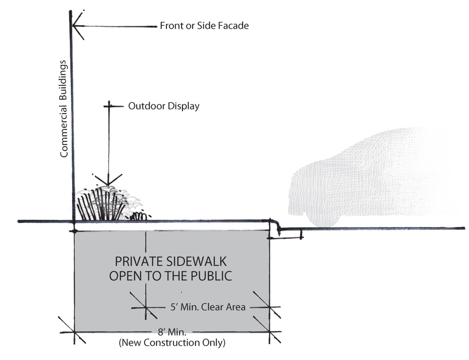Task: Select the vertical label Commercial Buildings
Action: (x=64, y=109)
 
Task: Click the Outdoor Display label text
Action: (x=164, y=106)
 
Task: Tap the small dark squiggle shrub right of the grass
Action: (x=139, y=215)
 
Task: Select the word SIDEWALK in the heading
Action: (x=196, y=262)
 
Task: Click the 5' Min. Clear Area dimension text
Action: (x=206, y=306)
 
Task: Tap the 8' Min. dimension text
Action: (x=171, y=331)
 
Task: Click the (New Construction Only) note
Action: (x=172, y=343)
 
